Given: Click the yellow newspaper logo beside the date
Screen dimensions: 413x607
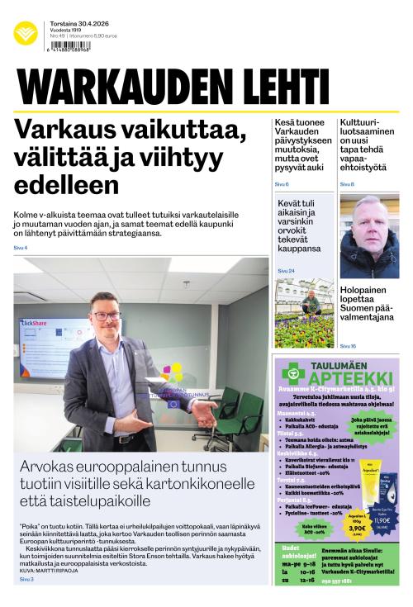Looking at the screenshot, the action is [x=25, y=33].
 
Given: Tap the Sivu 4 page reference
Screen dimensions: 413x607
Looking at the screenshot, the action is [x=20, y=248].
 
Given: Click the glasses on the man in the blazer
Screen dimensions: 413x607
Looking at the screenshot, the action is [x=107, y=315].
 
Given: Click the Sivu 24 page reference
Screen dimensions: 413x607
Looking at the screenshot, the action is [x=286, y=270].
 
